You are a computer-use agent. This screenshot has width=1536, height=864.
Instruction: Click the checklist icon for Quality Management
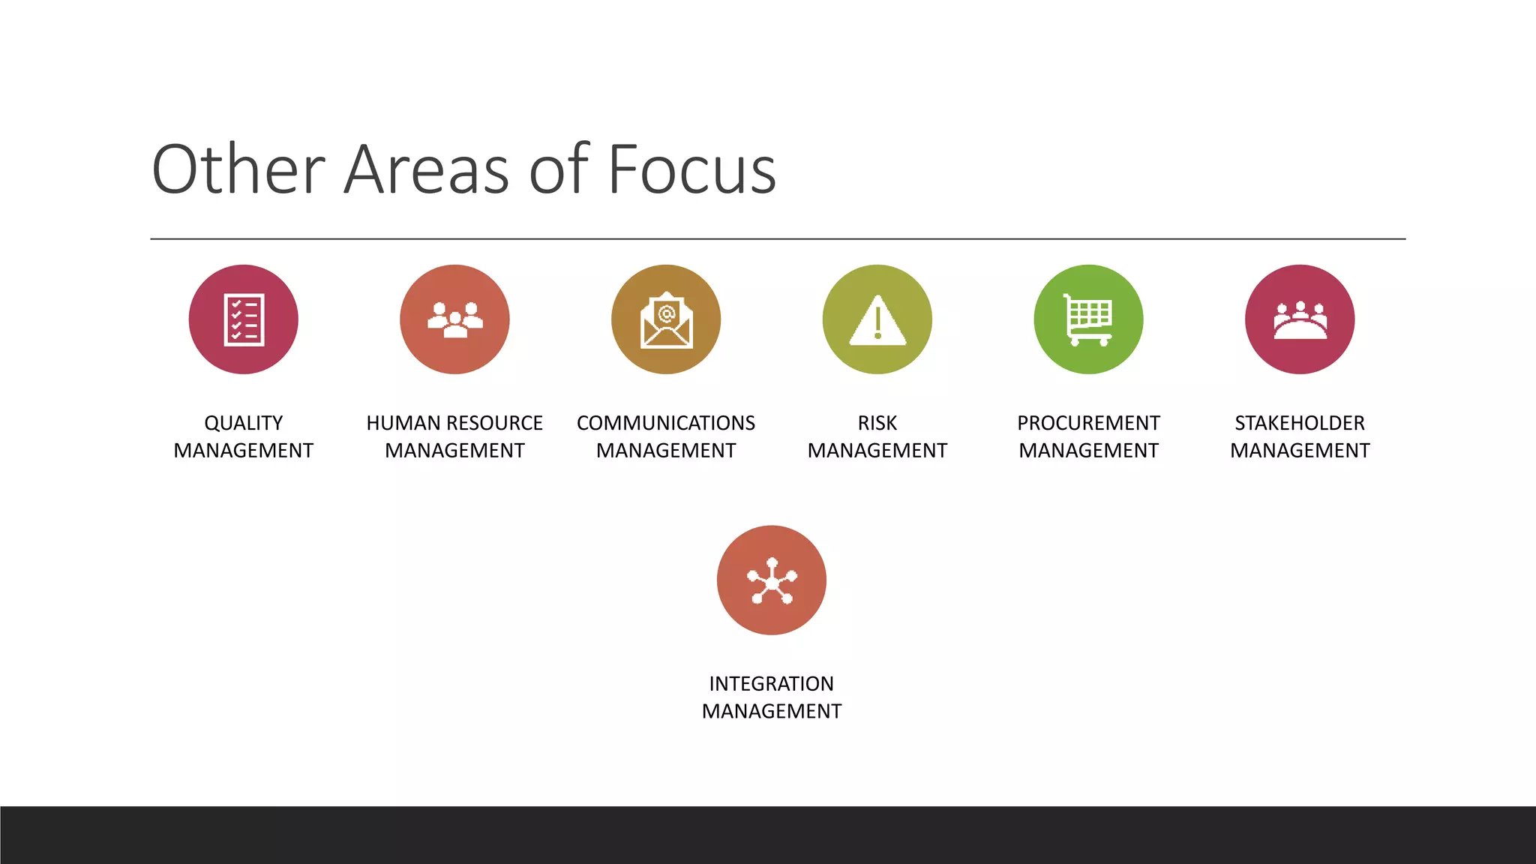(x=244, y=319)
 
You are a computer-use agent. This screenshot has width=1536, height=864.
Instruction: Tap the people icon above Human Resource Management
(x=454, y=319)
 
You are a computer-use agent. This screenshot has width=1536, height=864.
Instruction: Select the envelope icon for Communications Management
(x=666, y=321)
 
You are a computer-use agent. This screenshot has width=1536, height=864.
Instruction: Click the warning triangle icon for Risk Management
(x=877, y=321)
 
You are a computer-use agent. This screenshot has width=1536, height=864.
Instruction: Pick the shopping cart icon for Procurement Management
(x=1088, y=319)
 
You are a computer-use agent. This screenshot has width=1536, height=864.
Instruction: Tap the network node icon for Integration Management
(x=772, y=580)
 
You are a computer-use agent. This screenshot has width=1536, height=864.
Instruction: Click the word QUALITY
(x=244, y=423)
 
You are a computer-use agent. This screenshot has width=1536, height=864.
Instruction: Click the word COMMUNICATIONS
(x=666, y=423)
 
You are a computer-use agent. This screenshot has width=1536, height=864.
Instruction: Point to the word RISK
(x=877, y=423)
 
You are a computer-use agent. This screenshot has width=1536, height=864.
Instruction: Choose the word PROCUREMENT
(x=1088, y=423)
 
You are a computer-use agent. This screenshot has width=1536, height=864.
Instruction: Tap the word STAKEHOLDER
(x=1300, y=423)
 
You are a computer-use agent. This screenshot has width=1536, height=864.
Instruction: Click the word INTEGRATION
(x=772, y=684)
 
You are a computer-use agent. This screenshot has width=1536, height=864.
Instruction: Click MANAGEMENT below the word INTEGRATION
(x=772, y=711)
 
